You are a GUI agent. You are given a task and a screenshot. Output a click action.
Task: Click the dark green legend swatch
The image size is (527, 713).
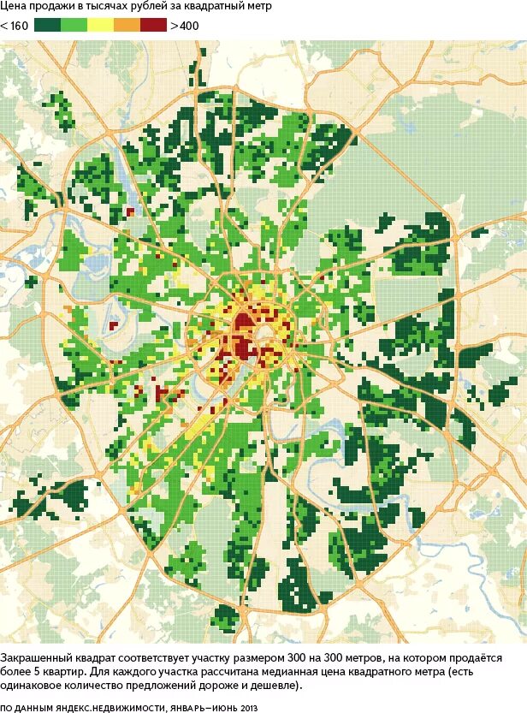click(x=47, y=25)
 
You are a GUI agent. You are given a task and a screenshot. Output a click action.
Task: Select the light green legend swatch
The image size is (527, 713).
click(x=74, y=25)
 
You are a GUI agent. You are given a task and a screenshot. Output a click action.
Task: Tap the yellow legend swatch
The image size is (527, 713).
click(x=101, y=25)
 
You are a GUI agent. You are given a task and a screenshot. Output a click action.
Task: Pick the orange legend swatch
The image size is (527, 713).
click(x=127, y=25)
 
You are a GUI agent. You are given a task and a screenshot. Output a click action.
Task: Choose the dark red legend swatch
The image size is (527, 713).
click(x=154, y=25)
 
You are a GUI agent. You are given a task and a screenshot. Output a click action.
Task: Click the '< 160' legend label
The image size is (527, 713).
click(x=15, y=25)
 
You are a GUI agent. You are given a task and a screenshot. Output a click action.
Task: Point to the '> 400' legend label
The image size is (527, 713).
click(x=185, y=25)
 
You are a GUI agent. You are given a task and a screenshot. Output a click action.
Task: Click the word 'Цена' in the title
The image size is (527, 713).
click(x=15, y=7)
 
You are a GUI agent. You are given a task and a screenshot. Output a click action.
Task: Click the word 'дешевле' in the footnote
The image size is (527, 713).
click(x=275, y=686)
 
